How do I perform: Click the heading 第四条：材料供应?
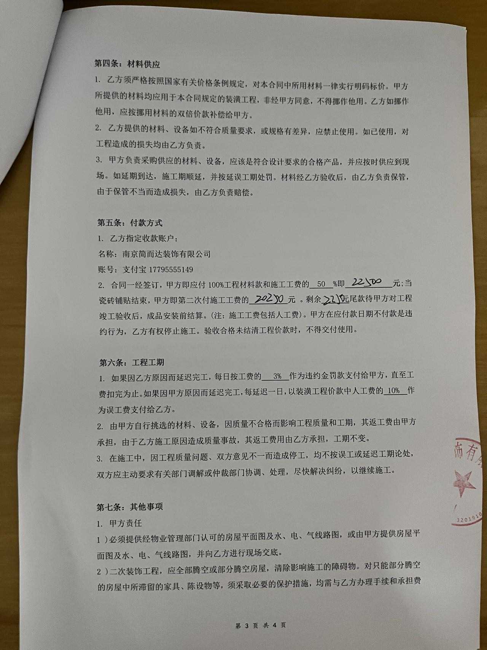127,64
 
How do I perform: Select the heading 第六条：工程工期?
132,362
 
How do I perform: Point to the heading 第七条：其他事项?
130,507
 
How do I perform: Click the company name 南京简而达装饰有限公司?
166,254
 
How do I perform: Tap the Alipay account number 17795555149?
171,270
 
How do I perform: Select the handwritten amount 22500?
367,283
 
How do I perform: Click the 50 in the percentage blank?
321,284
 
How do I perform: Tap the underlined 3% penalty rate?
277,376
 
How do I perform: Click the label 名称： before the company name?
108,254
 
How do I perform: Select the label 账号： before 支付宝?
108,270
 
